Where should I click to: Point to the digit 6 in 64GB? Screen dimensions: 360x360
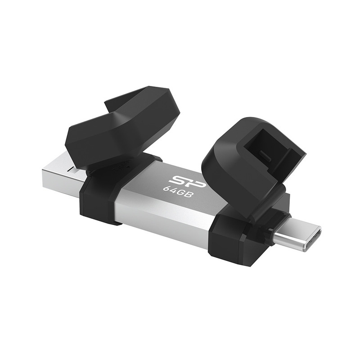(x=165, y=188)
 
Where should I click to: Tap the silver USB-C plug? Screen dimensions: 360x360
(x=297, y=237)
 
